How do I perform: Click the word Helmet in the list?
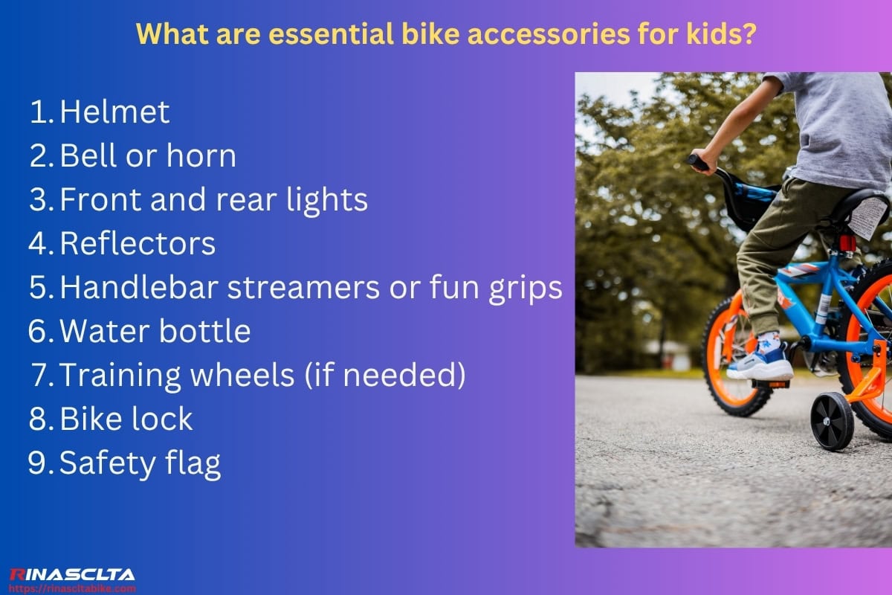pos(114,112)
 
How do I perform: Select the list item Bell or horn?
pos(147,156)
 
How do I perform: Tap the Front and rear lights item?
pos(213,199)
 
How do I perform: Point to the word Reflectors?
pos(138,243)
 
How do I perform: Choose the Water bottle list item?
pos(155,332)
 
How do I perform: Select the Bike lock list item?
pos(126,419)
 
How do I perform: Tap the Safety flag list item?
pos(140,463)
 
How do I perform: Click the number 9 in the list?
pos(38,463)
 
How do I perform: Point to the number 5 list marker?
pos(39,288)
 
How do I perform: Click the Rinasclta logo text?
pos(72,574)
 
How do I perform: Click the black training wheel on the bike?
pos(833,420)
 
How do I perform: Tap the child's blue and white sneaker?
pos(759,361)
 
